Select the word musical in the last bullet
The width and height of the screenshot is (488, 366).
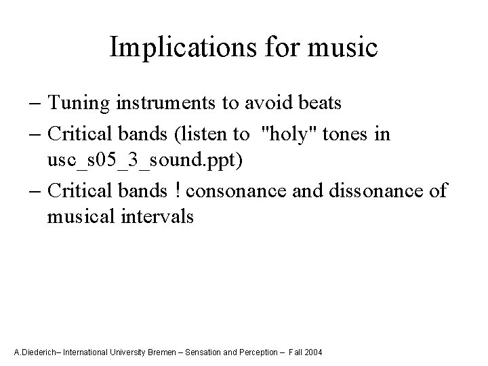[x=79, y=218]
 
